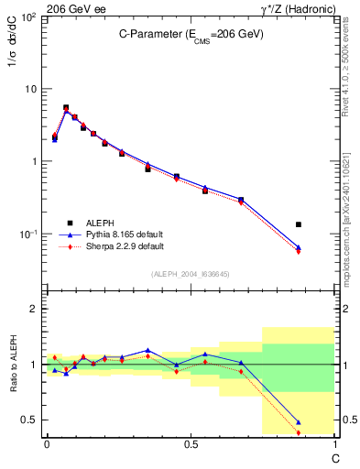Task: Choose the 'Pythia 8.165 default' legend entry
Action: pos(110,234)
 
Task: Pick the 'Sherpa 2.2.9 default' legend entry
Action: pos(110,246)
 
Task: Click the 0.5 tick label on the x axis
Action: pos(191,444)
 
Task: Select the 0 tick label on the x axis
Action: pos(47,444)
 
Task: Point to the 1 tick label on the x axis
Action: pos(335,444)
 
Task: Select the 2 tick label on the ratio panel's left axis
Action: pos(33,309)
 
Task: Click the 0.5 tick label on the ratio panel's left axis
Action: pos(28,420)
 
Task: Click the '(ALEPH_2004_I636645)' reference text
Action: pos(191,274)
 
